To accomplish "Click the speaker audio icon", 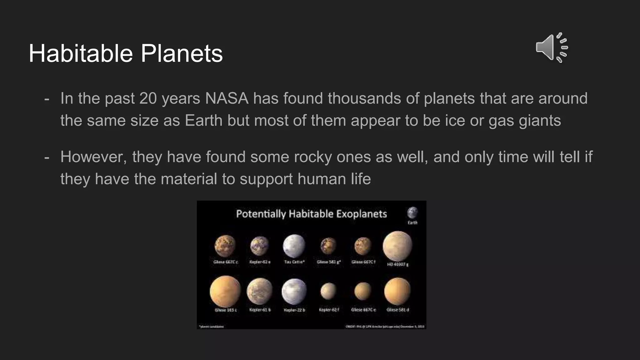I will (551, 47).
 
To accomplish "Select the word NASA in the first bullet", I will (227, 98).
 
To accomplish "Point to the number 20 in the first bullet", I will (148, 98).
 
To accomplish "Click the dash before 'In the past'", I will (47, 99).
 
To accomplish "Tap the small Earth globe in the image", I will (412, 213).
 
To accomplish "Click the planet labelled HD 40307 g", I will (397, 246).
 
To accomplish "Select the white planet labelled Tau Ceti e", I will (294, 246).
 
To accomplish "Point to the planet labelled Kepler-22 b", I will (294, 291).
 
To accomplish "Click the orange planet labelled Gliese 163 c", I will (225, 291).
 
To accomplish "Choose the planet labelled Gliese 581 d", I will (397, 291).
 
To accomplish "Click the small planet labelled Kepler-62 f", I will (328, 291).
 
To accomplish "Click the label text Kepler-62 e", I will (260, 262).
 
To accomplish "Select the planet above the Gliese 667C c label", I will (225, 246).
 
